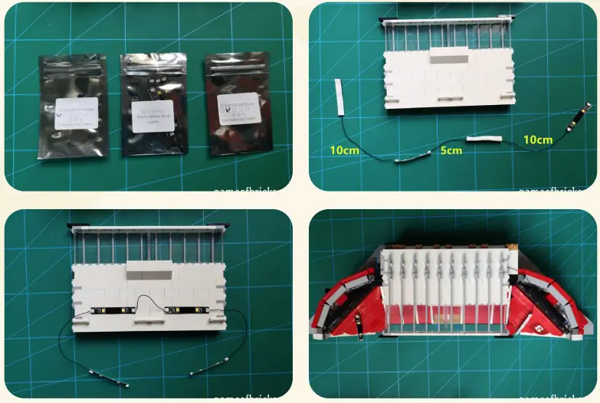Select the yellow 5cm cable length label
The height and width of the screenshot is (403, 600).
[451, 151]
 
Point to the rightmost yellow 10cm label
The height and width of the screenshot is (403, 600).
[537, 139]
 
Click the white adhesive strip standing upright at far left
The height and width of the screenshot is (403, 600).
[339, 96]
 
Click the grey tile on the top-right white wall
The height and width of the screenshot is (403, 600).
[448, 58]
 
